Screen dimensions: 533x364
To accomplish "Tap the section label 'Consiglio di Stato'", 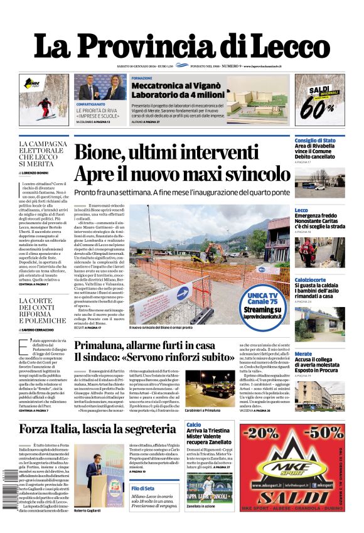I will (315, 140).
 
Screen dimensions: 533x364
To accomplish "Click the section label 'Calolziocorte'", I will (310, 279).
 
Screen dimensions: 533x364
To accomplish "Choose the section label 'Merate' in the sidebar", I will (303, 354).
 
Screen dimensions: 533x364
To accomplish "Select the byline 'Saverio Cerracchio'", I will (44, 330).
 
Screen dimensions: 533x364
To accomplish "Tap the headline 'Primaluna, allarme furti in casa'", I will (144, 345).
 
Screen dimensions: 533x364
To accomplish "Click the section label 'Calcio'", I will (194, 425).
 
